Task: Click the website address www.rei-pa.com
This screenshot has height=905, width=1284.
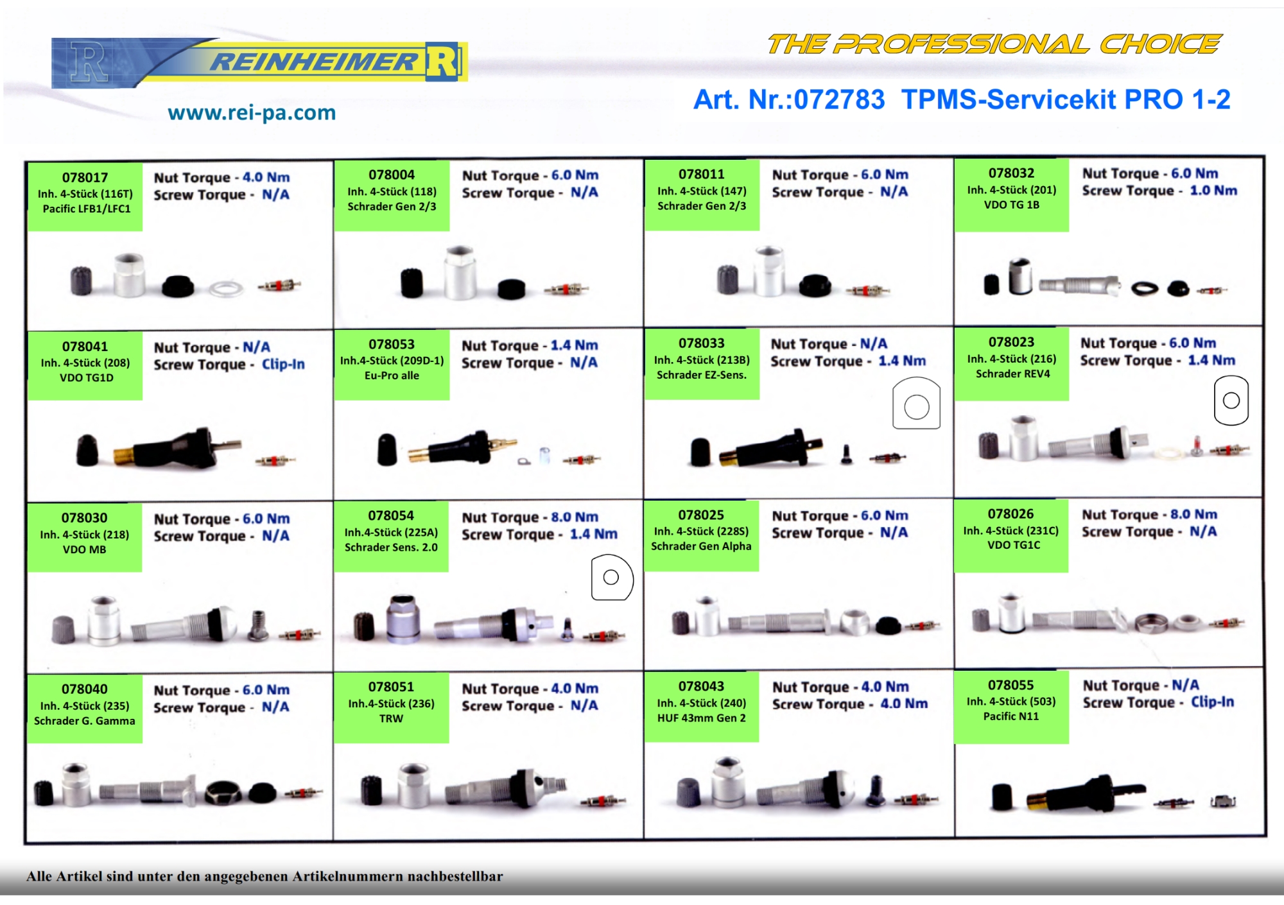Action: pyautogui.click(x=252, y=113)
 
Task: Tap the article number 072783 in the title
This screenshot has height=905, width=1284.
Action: pyautogui.click(x=839, y=99)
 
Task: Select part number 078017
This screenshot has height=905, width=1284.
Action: pyautogui.click(x=85, y=178)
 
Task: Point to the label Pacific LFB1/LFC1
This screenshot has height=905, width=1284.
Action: pyautogui.click(x=87, y=209)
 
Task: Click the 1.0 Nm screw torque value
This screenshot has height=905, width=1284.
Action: pyautogui.click(x=1213, y=191)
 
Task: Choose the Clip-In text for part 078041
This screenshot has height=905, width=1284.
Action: pyautogui.click(x=283, y=364)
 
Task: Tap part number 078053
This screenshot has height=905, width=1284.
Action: pyautogui.click(x=392, y=345)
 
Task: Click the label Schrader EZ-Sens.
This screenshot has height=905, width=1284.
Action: pyautogui.click(x=702, y=375)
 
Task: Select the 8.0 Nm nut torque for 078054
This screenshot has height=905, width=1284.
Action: pyautogui.click(x=575, y=517)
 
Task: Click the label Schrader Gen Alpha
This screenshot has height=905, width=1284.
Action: pyautogui.click(x=701, y=546)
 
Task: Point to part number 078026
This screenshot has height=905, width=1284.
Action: pyautogui.click(x=1011, y=514)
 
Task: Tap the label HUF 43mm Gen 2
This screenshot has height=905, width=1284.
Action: pyautogui.click(x=702, y=718)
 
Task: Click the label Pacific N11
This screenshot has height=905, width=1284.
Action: pyautogui.click(x=1011, y=716)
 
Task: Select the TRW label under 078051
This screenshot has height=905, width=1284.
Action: pyautogui.click(x=391, y=719)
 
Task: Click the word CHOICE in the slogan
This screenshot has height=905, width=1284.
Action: pyautogui.click(x=1160, y=44)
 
